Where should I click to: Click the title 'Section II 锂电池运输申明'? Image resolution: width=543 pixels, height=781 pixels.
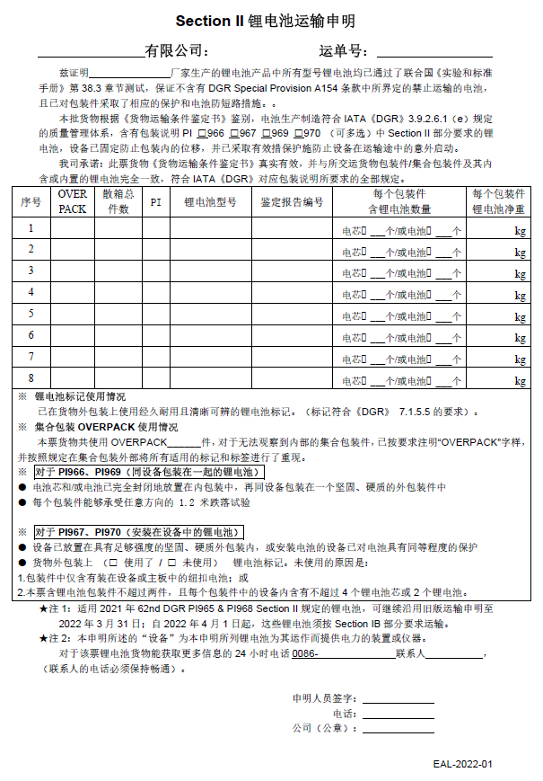[271, 20]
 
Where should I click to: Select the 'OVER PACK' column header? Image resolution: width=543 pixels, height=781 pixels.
[73, 201]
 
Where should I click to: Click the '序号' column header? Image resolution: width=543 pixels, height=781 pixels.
[31, 201]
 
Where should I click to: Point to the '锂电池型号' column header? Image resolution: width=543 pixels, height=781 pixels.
[210, 201]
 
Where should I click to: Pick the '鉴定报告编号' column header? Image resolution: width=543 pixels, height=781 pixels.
[292, 201]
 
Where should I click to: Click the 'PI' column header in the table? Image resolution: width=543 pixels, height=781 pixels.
[155, 201]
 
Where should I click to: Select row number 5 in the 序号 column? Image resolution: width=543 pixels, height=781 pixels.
[31, 314]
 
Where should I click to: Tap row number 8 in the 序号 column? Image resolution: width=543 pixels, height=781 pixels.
[31, 378]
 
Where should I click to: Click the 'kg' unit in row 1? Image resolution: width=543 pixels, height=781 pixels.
[520, 230]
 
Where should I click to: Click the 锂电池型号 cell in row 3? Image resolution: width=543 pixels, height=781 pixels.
[210, 271]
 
